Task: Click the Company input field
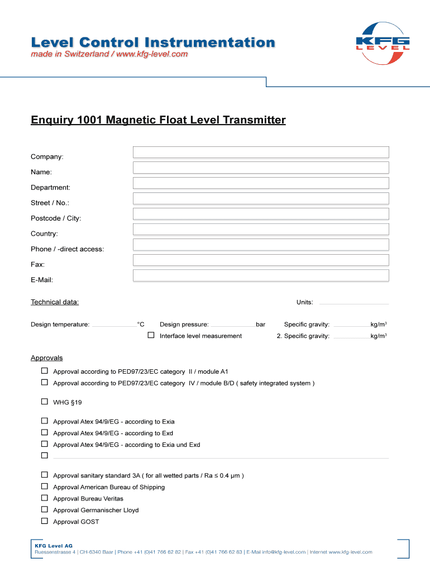(260, 152)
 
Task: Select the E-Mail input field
(260, 275)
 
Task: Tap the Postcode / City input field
(260, 214)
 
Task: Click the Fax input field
(260, 260)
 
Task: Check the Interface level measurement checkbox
(151, 335)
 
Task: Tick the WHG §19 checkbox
(45, 402)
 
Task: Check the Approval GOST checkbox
(45, 521)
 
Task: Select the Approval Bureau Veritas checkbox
(45, 498)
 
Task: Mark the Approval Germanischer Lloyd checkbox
(45, 509)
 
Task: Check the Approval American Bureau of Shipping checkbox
(45, 487)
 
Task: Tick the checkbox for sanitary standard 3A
(45, 475)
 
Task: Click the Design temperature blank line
(113, 325)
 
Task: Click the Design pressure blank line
(232, 325)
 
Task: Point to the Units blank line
(352, 303)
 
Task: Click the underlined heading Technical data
(55, 302)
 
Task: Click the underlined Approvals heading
(46, 358)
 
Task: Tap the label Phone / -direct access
(67, 249)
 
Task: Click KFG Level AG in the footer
(54, 545)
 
